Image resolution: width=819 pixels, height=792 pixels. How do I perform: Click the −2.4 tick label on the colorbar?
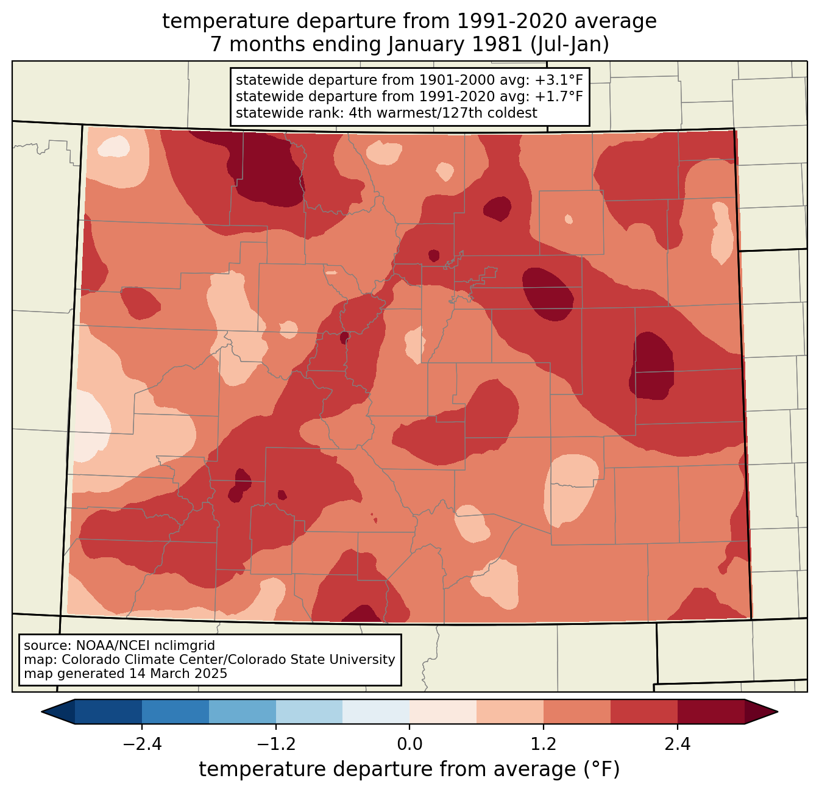click(141, 744)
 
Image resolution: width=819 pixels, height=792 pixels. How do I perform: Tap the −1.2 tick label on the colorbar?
click(275, 744)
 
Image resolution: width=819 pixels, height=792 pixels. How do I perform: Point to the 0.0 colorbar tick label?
click(409, 744)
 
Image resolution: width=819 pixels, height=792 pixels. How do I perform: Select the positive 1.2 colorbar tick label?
click(544, 744)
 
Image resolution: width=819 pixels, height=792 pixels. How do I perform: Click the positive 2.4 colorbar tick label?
click(678, 744)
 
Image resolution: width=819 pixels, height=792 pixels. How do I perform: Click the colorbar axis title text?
click(409, 769)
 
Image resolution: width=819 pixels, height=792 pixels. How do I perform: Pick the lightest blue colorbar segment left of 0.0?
click(376, 712)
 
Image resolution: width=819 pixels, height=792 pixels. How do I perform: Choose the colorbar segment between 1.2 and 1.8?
click(577, 712)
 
